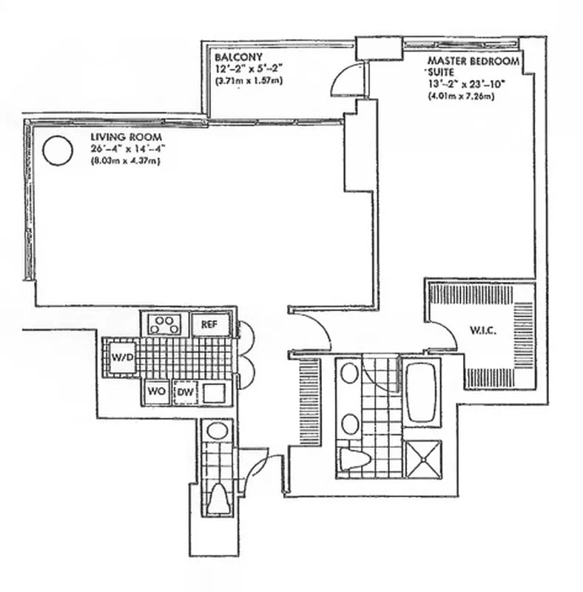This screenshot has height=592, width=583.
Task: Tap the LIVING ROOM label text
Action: point(121,138)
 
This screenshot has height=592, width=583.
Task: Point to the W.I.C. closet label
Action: point(482,331)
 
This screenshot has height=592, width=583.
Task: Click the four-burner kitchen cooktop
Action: point(164,324)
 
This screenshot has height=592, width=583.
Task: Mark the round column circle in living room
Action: point(57,150)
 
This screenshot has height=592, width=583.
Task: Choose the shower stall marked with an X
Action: point(422,459)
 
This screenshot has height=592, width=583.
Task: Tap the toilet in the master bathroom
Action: point(354,458)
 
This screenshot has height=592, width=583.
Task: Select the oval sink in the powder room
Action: point(217,430)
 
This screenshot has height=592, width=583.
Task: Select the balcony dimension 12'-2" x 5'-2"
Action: point(249,69)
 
